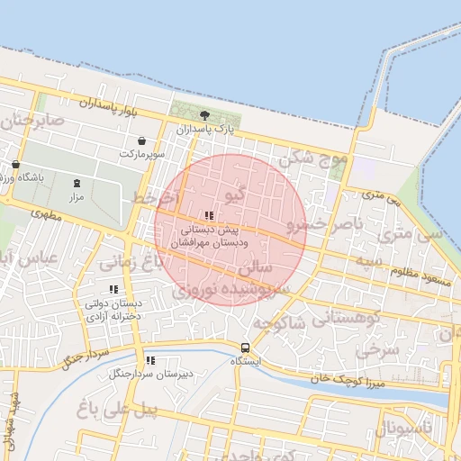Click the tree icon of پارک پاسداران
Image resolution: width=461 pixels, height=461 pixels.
pos(204,115)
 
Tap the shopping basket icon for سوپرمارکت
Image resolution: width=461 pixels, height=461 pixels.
pos(143,140)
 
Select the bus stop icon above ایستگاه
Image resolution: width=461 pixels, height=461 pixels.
pos(244,348)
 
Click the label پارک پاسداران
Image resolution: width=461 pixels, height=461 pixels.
pos(205,130)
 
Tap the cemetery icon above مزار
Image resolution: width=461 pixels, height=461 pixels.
pos(77,183)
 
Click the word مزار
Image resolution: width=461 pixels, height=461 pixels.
pos(77,195)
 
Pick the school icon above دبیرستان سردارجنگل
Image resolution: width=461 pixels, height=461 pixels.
pos(149,359)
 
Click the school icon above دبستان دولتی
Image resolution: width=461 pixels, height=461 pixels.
pos(113,290)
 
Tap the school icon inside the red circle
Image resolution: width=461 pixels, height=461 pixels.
pos(210,216)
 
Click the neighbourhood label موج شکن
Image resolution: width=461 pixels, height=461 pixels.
pos(313,159)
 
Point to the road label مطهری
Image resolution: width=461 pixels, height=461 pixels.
pos(42,216)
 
